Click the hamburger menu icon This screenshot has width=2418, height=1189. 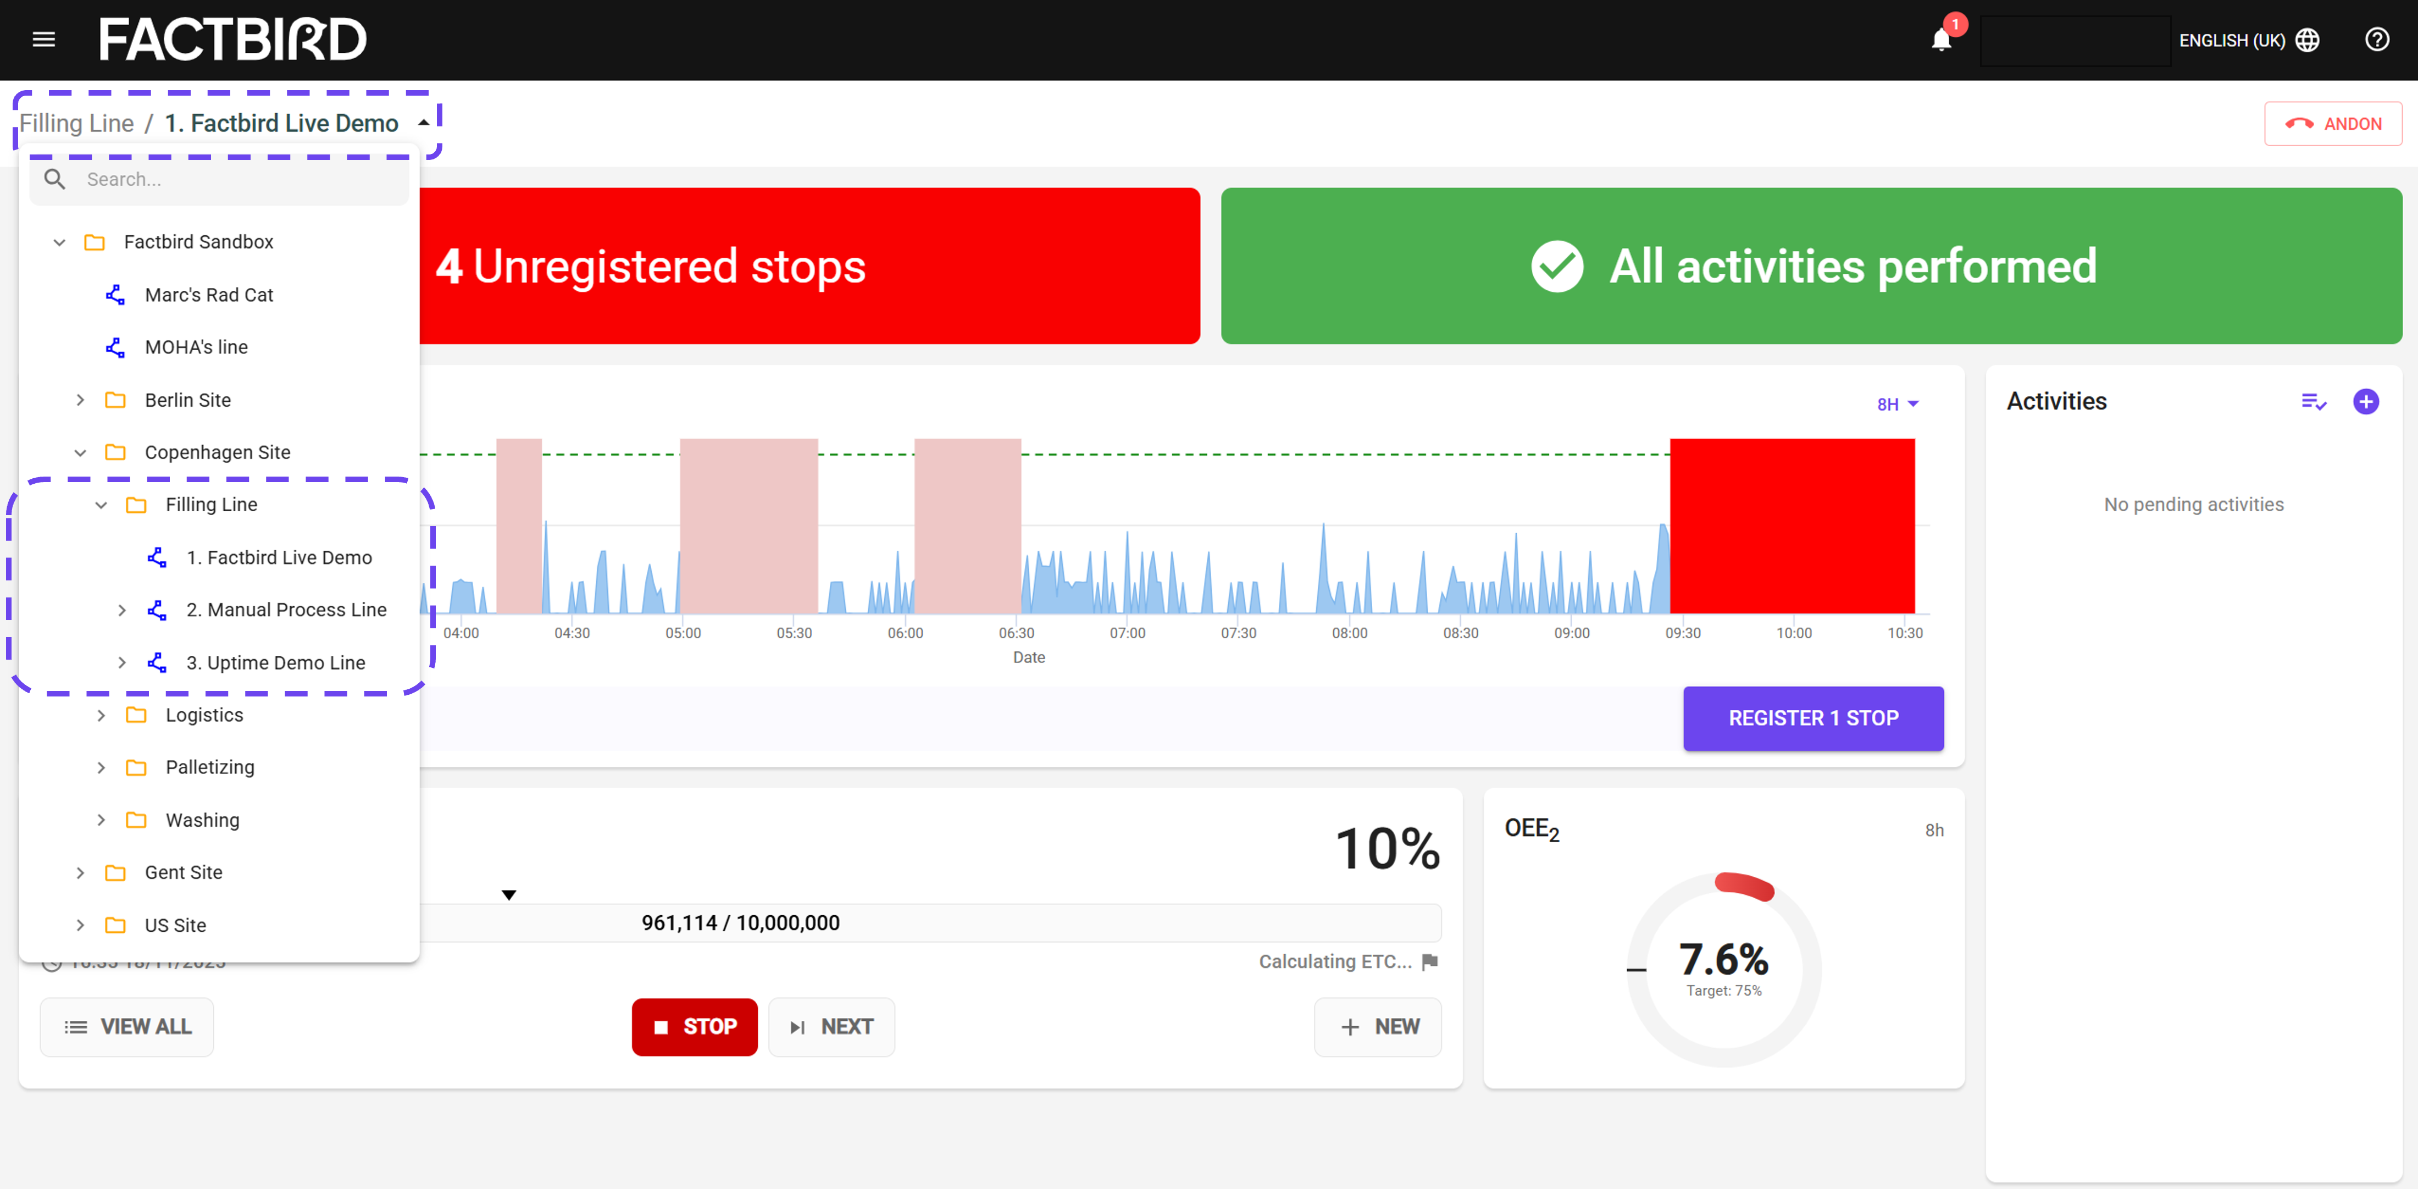pyautogui.click(x=44, y=40)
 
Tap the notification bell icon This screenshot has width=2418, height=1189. pyautogui.click(x=1941, y=40)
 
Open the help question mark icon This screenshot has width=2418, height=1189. pyautogui.click(x=2377, y=40)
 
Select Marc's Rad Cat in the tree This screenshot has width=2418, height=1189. pyautogui.click(x=208, y=295)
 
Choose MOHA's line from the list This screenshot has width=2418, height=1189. pyautogui.click(x=196, y=347)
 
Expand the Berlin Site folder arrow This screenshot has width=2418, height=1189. pyautogui.click(x=81, y=400)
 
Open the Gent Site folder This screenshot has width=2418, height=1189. pyautogui.click(x=183, y=872)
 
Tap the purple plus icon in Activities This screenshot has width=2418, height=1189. pyautogui.click(x=2365, y=402)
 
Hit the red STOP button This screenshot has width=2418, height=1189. pyautogui.click(x=695, y=1026)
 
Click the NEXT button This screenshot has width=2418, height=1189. pyautogui.click(x=831, y=1026)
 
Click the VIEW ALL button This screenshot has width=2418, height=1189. pyautogui.click(x=127, y=1026)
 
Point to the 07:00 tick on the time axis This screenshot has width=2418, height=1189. pyautogui.click(x=1127, y=633)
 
